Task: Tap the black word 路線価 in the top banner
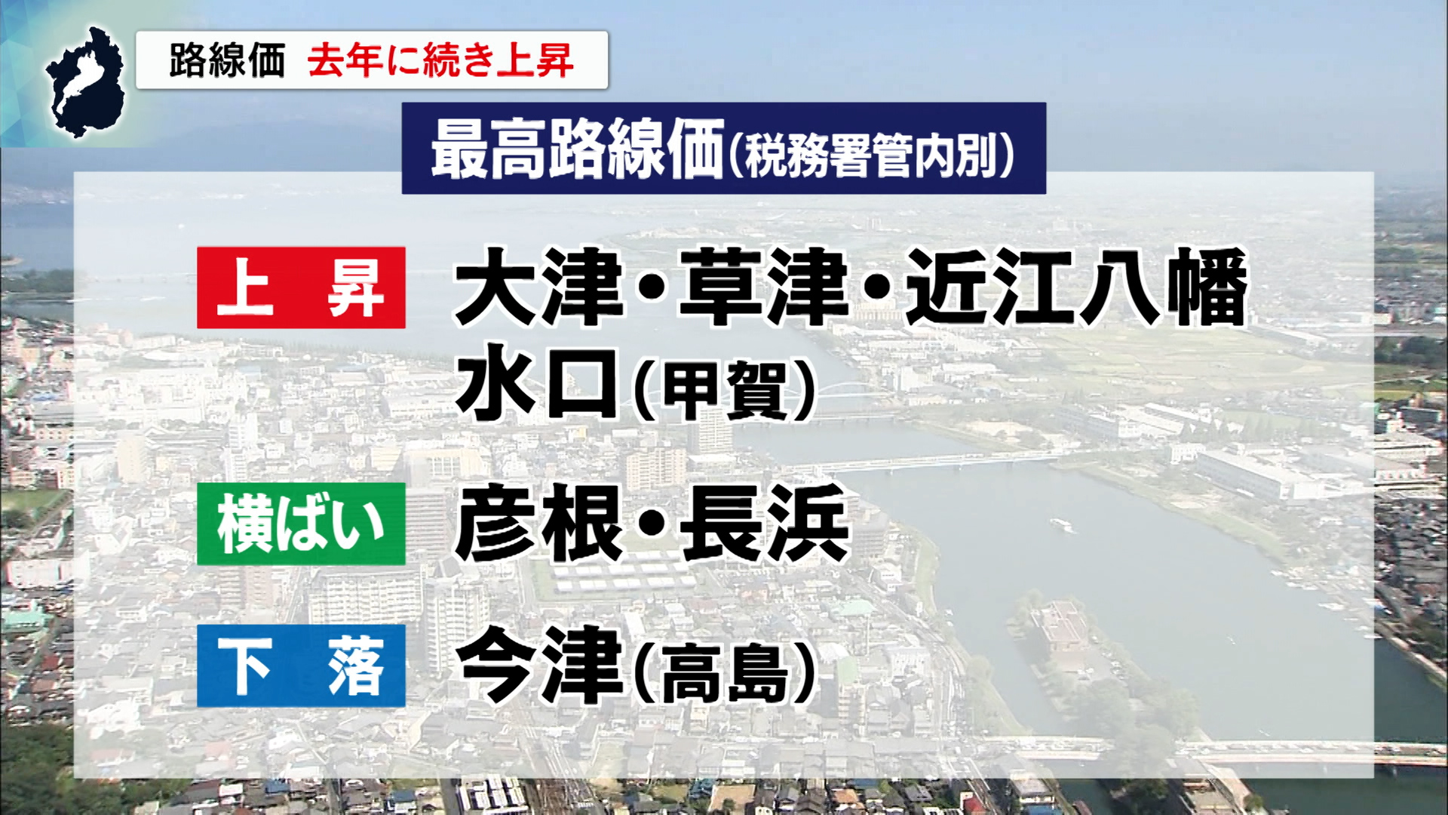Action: click(227, 60)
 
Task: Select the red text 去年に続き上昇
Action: click(440, 60)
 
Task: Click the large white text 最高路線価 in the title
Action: click(577, 149)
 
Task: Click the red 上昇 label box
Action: click(301, 288)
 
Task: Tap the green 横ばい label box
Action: click(301, 524)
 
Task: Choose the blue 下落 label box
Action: click(301, 666)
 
